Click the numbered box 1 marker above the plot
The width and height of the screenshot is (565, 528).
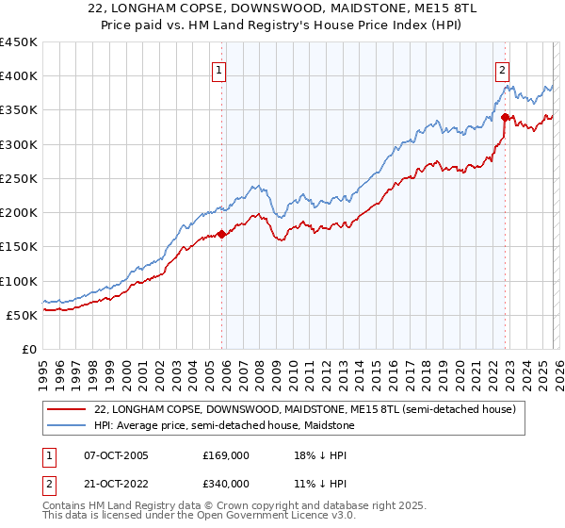pos(218,69)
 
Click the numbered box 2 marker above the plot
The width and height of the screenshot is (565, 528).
pos(503,69)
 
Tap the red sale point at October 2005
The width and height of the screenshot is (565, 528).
pos(222,235)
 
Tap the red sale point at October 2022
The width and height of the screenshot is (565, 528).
pos(506,118)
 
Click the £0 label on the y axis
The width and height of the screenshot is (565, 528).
pos(29,349)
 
